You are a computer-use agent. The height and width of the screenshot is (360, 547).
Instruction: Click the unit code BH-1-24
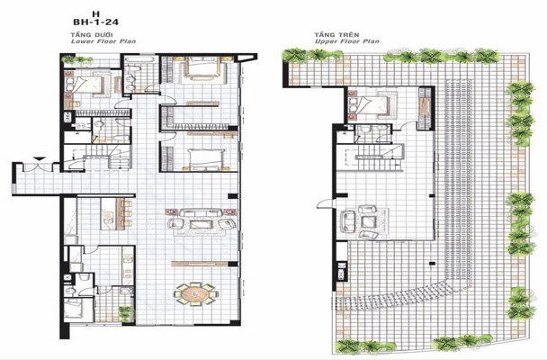click(x=95, y=22)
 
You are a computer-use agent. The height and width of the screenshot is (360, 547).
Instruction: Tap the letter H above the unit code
click(x=96, y=14)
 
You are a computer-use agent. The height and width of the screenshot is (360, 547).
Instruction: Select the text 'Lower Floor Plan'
click(x=103, y=41)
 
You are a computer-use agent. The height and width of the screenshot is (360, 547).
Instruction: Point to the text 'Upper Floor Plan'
click(x=346, y=41)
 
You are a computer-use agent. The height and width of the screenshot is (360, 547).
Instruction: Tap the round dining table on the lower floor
click(x=196, y=294)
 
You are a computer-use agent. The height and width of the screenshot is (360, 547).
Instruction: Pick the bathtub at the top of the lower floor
click(x=139, y=59)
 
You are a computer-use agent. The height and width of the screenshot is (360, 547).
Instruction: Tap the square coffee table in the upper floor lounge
click(x=369, y=221)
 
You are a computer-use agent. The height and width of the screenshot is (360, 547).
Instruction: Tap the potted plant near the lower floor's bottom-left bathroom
click(x=124, y=313)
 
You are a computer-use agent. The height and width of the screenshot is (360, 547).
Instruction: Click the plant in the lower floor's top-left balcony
click(x=77, y=59)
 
